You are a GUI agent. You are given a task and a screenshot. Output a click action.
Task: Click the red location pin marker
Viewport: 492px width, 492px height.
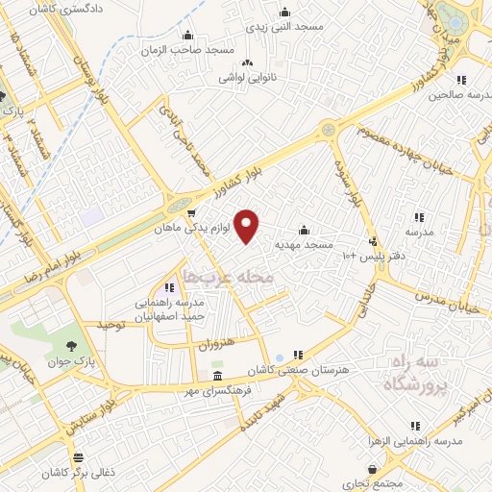click(248, 226)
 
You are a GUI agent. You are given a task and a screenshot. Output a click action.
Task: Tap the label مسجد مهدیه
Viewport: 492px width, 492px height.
click(305, 245)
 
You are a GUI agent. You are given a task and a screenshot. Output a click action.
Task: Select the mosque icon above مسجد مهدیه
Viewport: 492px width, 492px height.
click(305, 230)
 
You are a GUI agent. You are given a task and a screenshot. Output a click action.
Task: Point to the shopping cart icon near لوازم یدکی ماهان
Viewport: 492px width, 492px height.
click(192, 214)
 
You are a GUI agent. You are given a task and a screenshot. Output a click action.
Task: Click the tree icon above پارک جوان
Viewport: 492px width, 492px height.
click(73, 345)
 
